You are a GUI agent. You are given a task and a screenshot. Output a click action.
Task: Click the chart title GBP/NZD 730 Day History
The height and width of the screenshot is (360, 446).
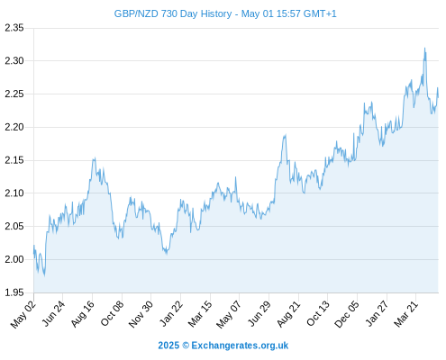tap(173, 13)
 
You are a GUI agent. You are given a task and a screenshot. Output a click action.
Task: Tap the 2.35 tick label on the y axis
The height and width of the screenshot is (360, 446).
tap(14, 28)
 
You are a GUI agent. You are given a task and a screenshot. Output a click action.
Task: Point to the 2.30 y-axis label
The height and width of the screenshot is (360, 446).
tap(14, 61)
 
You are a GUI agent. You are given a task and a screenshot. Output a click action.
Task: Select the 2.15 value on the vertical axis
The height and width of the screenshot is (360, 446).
tap(14, 160)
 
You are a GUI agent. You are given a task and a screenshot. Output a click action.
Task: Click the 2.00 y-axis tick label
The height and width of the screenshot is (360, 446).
tap(14, 259)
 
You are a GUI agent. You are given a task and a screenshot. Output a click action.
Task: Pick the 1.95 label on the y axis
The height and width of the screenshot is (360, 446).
tap(14, 292)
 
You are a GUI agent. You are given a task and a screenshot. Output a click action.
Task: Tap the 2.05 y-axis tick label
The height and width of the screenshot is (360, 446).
tap(14, 226)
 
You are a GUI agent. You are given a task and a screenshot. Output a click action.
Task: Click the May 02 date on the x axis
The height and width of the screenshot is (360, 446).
tap(23, 314)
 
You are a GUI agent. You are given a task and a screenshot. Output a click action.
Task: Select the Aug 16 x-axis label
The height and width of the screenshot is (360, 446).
tap(83, 314)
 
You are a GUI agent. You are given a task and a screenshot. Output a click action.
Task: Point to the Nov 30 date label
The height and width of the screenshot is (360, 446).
tap(141, 314)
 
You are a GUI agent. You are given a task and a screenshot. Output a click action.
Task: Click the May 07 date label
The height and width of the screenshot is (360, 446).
tap(229, 314)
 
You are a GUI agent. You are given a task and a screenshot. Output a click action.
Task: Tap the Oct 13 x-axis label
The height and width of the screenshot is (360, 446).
tap(318, 314)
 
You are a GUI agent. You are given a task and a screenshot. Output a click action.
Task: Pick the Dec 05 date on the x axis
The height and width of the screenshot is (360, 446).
tap(347, 314)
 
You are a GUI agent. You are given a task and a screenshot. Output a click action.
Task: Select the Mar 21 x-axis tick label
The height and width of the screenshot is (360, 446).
tap(406, 314)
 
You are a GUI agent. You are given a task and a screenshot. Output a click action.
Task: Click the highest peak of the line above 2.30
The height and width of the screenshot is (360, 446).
tap(424, 48)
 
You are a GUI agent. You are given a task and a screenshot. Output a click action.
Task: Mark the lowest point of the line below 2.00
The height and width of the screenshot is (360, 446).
tap(45, 275)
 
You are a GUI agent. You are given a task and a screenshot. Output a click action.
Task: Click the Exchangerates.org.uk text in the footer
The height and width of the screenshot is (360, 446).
tap(240, 346)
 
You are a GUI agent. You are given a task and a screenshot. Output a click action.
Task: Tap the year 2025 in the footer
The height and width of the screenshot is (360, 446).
tap(168, 346)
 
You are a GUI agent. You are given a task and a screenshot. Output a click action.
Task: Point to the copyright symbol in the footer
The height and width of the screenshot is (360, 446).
tap(186, 346)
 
